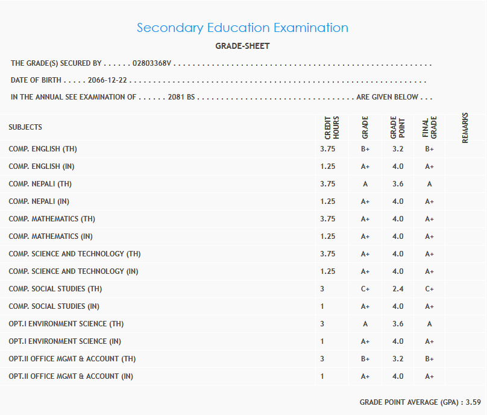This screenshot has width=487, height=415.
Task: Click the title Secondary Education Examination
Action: click(x=242, y=28)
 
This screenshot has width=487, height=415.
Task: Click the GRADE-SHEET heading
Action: click(x=242, y=46)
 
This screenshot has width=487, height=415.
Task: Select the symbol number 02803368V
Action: click(x=152, y=63)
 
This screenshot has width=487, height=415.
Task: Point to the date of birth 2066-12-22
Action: click(x=108, y=80)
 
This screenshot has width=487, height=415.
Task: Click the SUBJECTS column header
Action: click(x=25, y=127)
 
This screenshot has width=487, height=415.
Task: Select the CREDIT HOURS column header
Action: click(x=332, y=127)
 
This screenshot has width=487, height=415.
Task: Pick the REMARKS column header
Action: click(x=465, y=127)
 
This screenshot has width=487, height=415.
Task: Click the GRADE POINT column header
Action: click(x=398, y=127)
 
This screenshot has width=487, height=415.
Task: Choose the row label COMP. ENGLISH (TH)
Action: click(x=43, y=148)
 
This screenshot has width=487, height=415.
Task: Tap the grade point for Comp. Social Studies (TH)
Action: click(x=398, y=289)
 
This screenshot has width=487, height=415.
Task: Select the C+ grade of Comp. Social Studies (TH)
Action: click(x=365, y=289)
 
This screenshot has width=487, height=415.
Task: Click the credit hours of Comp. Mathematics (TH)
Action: click(x=328, y=218)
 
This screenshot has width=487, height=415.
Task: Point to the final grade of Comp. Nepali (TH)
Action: click(x=429, y=184)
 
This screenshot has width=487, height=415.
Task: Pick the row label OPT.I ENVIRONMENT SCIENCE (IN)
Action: click(x=64, y=341)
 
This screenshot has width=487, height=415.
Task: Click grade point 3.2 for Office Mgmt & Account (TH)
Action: click(x=398, y=359)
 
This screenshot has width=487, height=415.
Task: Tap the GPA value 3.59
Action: click(x=473, y=402)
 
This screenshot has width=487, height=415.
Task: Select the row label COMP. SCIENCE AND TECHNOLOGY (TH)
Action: click(x=75, y=254)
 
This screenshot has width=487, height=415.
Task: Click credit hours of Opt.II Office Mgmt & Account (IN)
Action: click(x=322, y=376)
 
